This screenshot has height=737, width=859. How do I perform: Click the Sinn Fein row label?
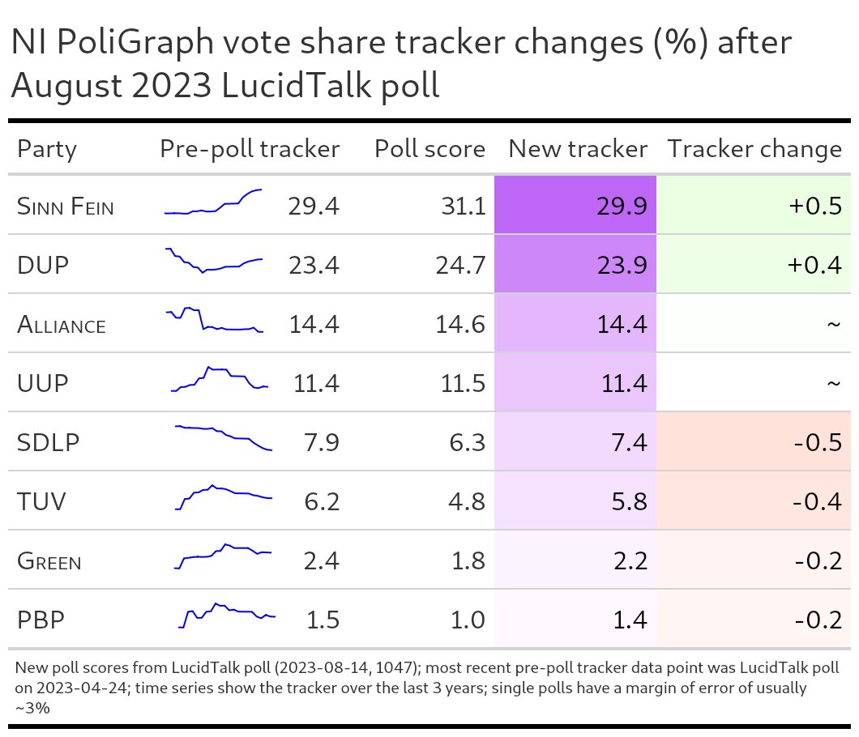point(65,207)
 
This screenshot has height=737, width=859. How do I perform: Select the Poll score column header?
point(429,149)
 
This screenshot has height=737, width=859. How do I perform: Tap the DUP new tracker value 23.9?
point(621,266)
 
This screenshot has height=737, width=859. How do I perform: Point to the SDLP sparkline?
point(224,437)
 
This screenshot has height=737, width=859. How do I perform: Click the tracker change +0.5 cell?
point(814,207)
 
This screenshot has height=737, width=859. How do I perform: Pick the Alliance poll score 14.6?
point(459,325)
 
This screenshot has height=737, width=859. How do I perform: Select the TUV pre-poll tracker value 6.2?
point(317,502)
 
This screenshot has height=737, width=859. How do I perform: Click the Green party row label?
point(49,561)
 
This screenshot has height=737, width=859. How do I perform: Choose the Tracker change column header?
point(754,149)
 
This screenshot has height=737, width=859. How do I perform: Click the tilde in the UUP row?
point(833,384)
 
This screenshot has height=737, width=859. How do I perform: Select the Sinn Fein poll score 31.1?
point(459,207)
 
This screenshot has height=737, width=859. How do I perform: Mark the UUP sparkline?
point(219,378)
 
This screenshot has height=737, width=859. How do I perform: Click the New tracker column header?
point(577,149)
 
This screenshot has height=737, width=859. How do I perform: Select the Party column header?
point(47,149)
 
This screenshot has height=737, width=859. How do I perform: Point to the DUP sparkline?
point(213,261)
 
